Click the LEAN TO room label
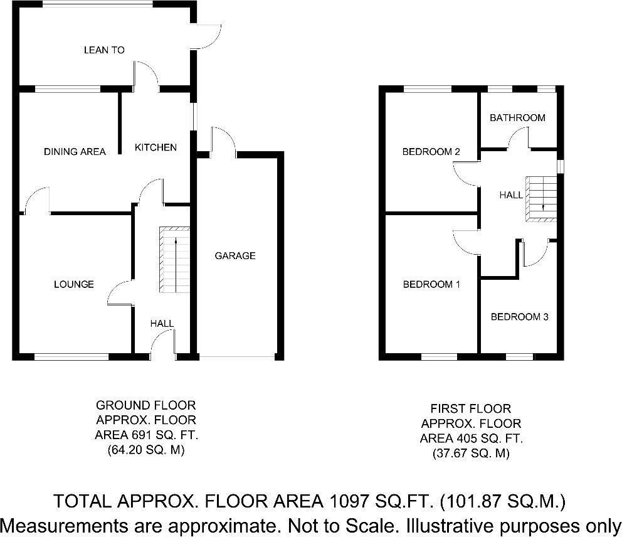pos(104,50)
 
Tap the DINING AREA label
pos(75,151)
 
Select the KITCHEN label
pos(156,147)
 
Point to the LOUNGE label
pos(74,284)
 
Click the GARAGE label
pos(235,255)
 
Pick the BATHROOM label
pos(517,117)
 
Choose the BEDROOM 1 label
pos(431,284)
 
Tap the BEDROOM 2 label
pos(431,151)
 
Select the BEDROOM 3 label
pos(519,317)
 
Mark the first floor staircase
pos(541,199)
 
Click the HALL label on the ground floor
pos(162,323)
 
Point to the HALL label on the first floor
pos(511,195)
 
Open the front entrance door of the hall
pos(163,345)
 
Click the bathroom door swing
pos(519,139)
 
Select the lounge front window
pos(71,357)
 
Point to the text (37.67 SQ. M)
pos(470,453)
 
